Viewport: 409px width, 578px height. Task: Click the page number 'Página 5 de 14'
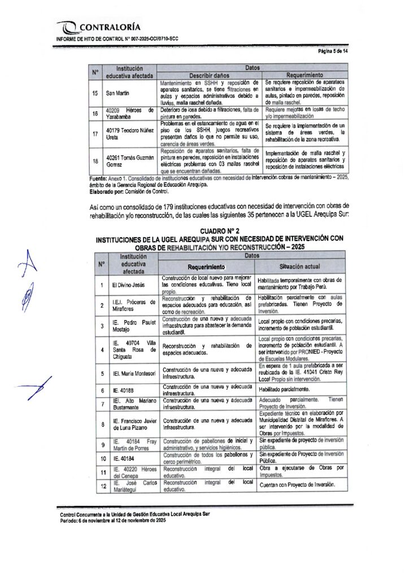333,51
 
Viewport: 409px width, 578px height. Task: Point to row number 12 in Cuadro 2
103,485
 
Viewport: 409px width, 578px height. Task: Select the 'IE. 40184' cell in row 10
120,458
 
